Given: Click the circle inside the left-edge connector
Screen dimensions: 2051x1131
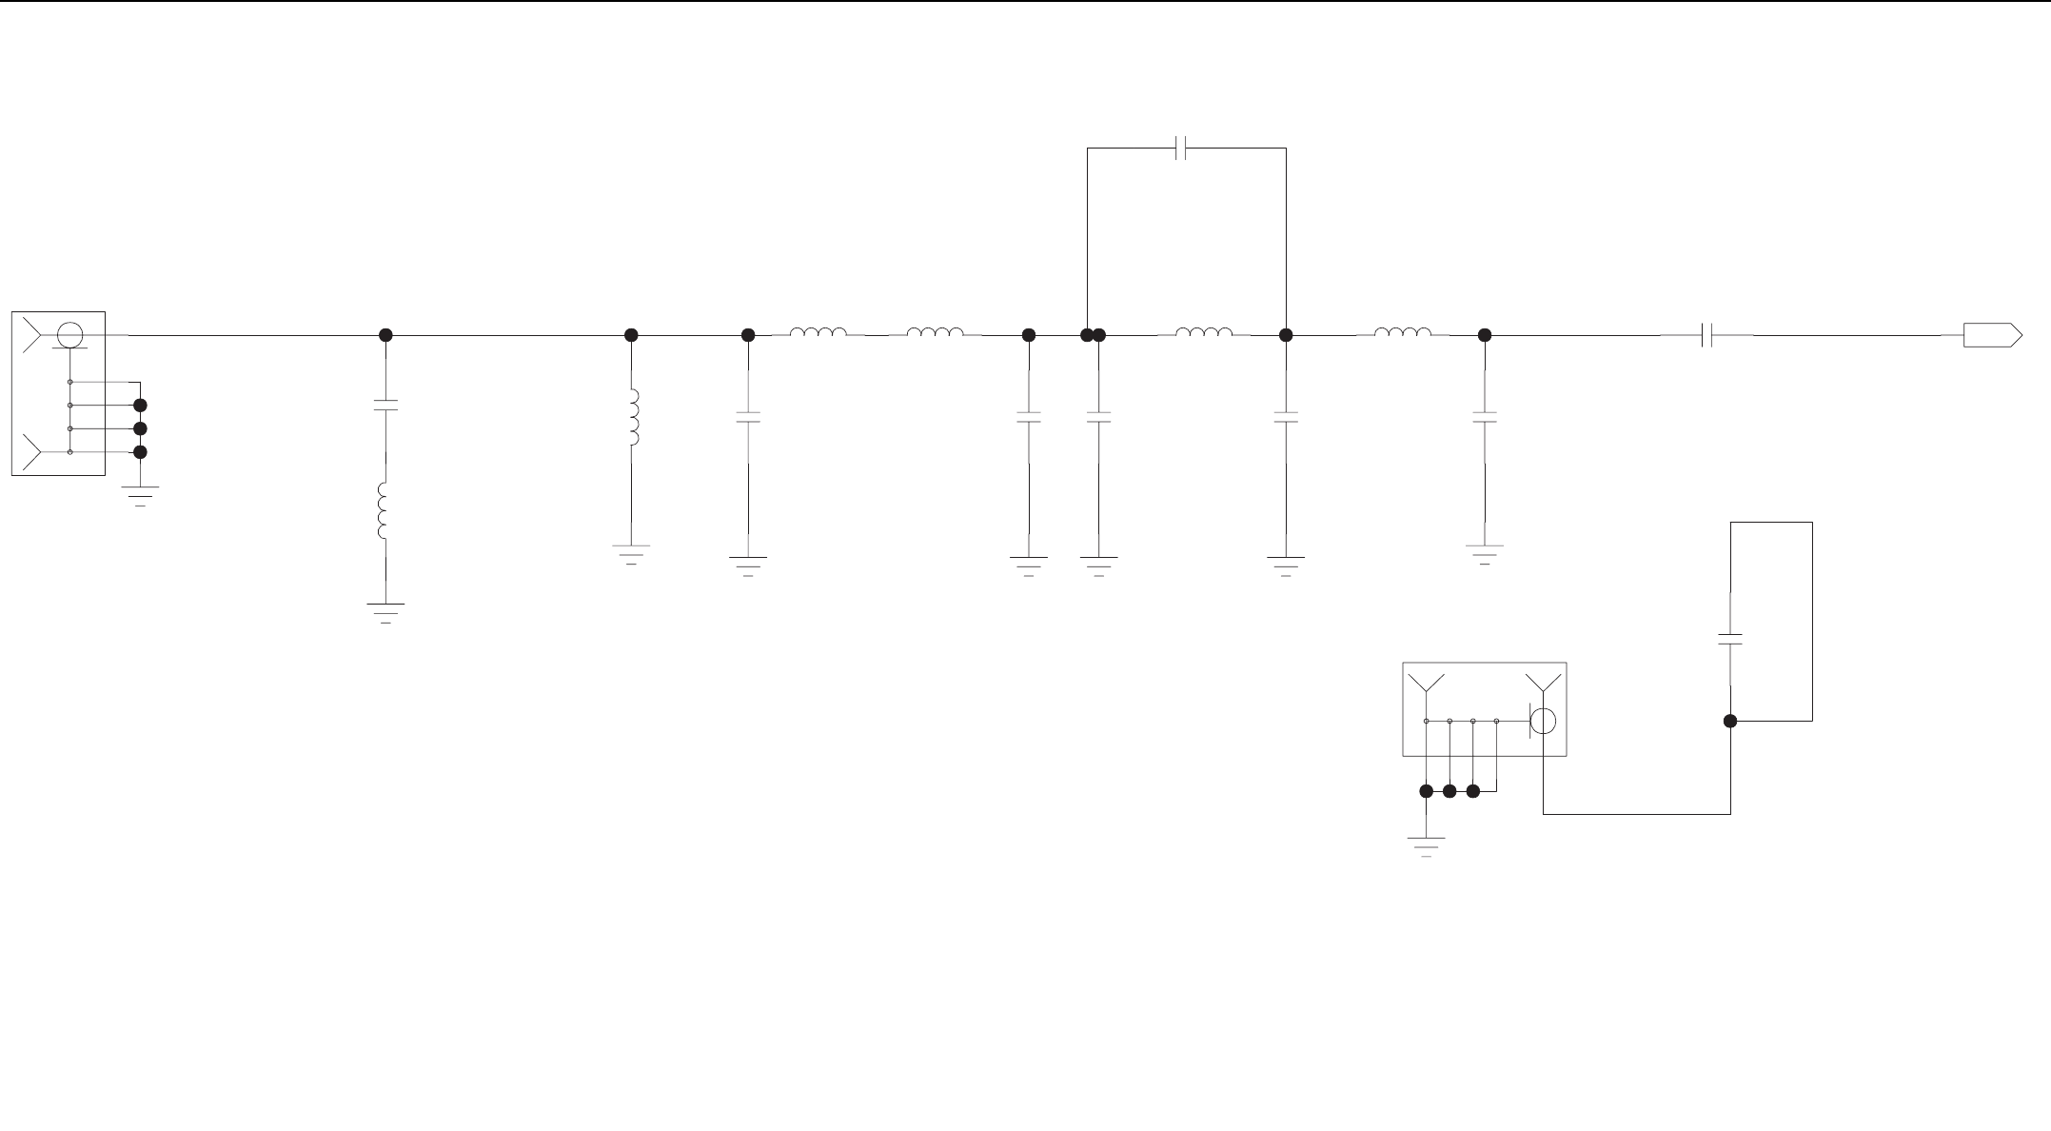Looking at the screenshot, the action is coord(69,335).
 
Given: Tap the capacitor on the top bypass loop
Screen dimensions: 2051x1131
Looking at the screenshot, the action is coord(1181,149).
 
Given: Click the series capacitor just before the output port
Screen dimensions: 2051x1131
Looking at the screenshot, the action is coord(1707,335).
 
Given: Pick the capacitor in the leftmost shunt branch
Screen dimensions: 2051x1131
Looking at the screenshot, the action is coord(385,406).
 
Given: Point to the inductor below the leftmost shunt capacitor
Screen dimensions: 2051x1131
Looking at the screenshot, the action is coord(383,511).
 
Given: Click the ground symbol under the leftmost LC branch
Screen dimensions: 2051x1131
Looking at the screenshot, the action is coord(385,611).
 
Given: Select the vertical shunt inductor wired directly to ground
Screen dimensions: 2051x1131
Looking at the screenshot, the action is coord(633,418).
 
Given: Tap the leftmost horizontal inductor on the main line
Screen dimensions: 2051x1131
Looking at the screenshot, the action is coord(818,333).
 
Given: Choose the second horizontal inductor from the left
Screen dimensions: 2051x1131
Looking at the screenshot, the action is coord(935,333).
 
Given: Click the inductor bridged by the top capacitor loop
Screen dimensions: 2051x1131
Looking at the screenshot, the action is coord(1204,333).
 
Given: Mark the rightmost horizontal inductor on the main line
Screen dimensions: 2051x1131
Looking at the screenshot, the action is coord(1402,333).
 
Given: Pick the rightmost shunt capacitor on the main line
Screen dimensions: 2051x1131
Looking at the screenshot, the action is coord(1484,417).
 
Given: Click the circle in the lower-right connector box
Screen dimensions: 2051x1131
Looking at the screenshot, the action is coord(1543,722).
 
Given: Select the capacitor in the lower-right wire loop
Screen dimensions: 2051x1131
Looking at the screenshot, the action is coord(1730,639).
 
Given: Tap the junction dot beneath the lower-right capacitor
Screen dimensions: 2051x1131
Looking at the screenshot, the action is coord(1730,722).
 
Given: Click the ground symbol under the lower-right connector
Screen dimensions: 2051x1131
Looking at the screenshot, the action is coord(1426,845).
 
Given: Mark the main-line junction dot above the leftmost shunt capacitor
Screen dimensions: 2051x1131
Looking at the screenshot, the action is coord(385,335).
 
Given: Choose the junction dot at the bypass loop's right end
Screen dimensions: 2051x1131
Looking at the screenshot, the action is coord(1286,335).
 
